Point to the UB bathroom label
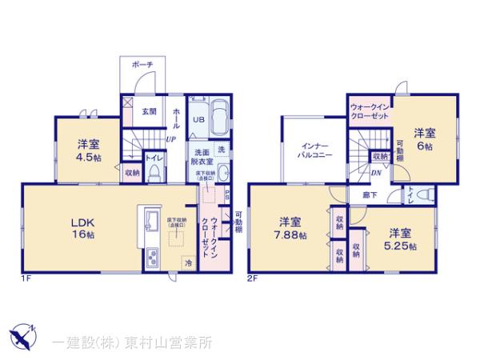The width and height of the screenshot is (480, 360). click(196, 121)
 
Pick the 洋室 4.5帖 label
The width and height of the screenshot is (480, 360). click(88, 150)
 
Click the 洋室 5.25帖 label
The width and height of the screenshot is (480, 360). click(401, 238)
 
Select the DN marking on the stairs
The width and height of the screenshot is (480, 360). click(375, 172)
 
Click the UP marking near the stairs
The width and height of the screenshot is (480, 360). click(170, 138)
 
